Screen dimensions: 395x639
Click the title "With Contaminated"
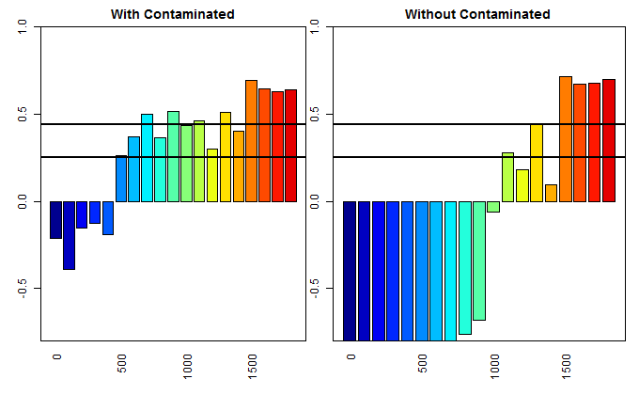coord(173,14)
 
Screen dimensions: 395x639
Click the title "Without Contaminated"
coord(477,14)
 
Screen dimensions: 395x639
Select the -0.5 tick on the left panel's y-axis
coord(23,288)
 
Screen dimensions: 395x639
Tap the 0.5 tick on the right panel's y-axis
coord(316,115)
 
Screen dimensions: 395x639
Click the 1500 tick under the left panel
coord(252,364)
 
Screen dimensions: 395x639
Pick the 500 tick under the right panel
coord(422,362)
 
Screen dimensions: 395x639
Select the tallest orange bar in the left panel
coord(252,141)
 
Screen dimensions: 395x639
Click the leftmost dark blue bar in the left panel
coord(55,220)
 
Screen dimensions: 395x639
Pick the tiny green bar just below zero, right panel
coord(493,207)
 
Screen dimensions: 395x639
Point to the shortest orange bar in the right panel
coord(551,193)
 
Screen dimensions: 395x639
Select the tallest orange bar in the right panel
coord(566,139)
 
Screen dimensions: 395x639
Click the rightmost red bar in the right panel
coord(609,140)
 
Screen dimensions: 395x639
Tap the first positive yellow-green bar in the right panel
coord(507,177)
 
